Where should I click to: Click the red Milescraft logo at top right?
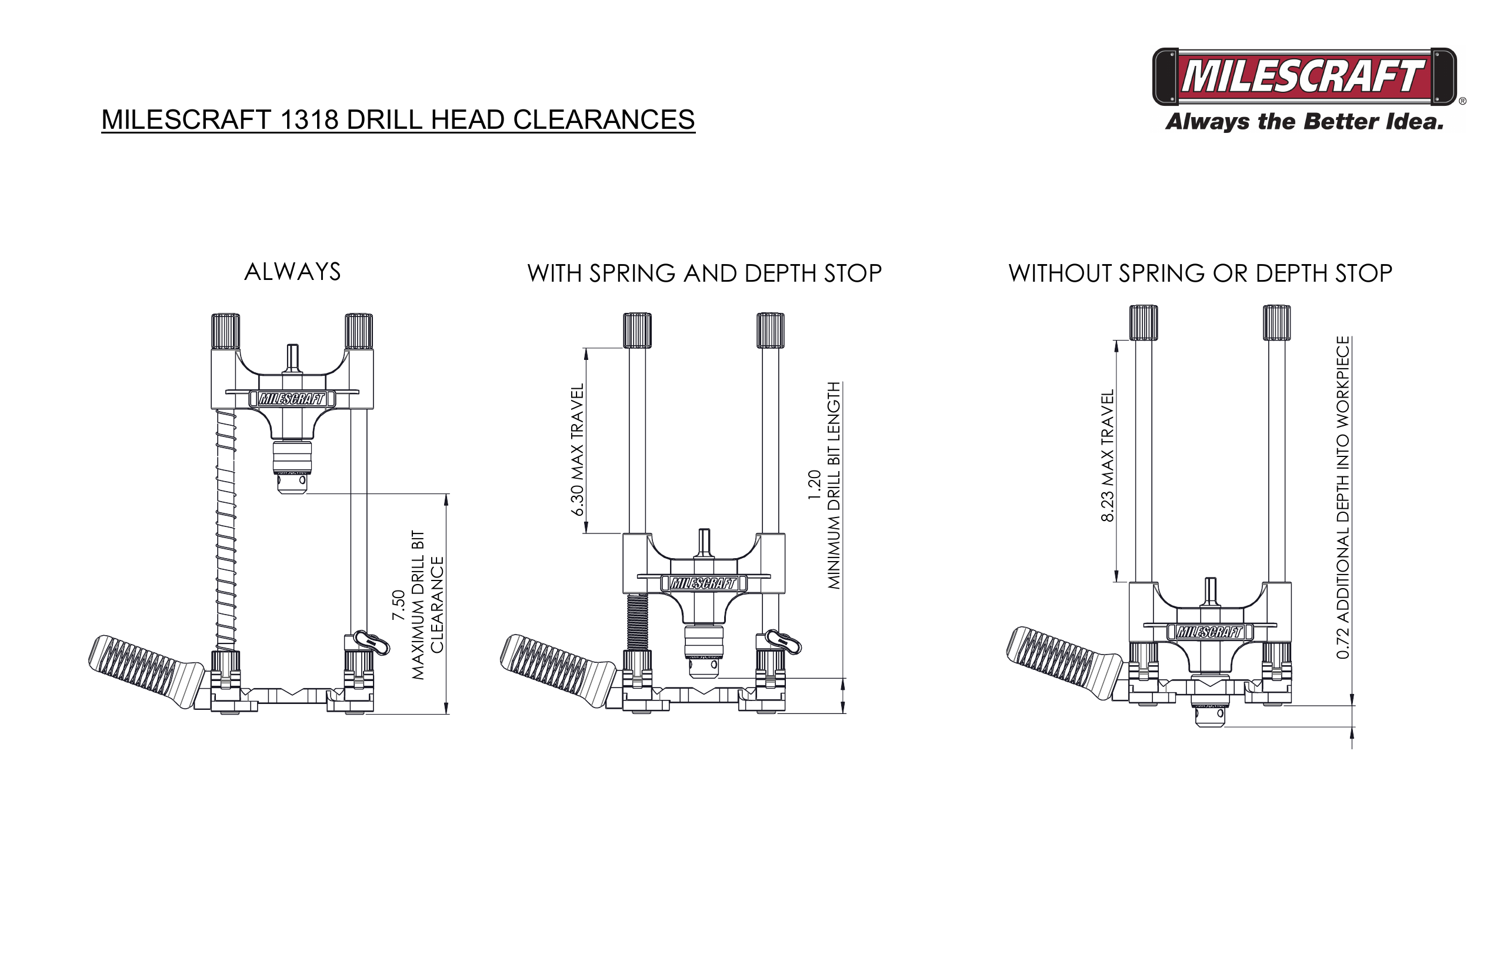pos(1304,76)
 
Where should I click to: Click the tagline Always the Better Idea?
pos(1304,122)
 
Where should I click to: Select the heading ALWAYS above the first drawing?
pos(292,272)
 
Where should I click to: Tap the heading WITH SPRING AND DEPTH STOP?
pos(704,273)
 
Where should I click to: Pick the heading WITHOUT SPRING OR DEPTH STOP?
pos(1199,273)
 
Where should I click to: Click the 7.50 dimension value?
pos(398,605)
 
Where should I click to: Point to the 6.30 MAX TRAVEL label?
pos(577,449)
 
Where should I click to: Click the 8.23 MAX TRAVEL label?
pos(1107,456)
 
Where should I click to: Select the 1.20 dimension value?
pos(814,485)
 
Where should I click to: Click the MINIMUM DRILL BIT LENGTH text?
pos(834,485)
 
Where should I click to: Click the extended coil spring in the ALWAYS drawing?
pos(226,529)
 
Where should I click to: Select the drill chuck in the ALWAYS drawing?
pos(292,466)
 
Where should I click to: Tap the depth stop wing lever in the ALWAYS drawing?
pos(372,642)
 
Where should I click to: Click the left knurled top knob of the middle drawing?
pos(637,329)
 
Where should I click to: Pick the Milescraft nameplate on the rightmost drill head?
pos(1209,632)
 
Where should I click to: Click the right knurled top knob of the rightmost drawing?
pos(1276,322)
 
